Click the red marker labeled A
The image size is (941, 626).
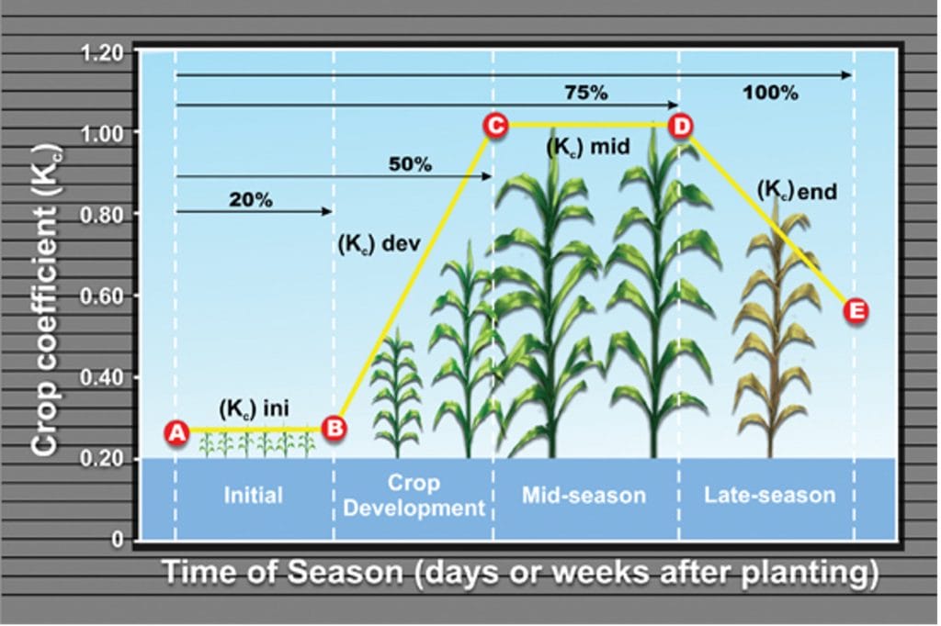[176, 430]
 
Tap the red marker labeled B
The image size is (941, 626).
[334, 427]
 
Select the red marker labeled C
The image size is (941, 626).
[494, 125]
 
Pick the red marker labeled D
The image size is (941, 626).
[681, 126]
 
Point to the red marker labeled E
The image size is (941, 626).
[856, 311]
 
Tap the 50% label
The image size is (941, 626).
[410, 165]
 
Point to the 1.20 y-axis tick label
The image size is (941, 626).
[101, 52]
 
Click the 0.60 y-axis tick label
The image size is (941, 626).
[101, 296]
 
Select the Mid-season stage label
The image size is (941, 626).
[584, 496]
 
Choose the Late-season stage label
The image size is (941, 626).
[769, 496]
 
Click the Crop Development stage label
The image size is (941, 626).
[414, 496]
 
